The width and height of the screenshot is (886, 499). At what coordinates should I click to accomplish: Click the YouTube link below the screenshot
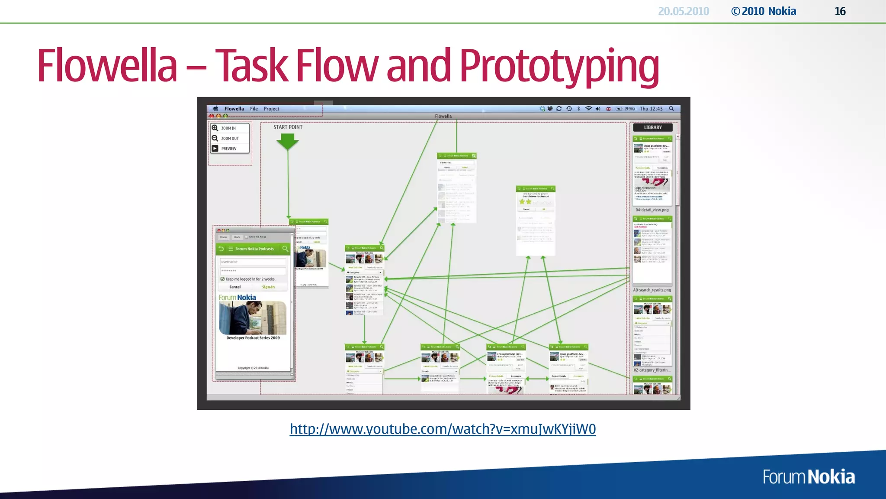[x=443, y=429]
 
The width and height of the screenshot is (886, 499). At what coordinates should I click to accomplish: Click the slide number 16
[x=840, y=11]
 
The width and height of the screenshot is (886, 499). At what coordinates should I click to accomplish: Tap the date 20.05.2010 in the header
[x=683, y=11]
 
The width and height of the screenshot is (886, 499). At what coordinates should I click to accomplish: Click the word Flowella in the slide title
[x=107, y=66]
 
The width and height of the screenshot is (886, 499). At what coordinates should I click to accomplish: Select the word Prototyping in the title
[x=559, y=66]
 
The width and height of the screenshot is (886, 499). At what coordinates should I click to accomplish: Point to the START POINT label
[x=288, y=127]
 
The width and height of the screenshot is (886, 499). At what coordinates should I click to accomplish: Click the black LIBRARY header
[x=652, y=127]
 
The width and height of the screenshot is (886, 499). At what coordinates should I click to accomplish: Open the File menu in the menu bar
[x=254, y=109]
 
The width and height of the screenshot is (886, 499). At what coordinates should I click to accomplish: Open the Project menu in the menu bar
[x=271, y=109]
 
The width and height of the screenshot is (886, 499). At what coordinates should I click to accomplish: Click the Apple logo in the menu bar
[x=215, y=109]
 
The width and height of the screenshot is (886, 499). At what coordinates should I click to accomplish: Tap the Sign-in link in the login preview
[x=268, y=287]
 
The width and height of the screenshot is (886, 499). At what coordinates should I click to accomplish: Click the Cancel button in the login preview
[x=235, y=287]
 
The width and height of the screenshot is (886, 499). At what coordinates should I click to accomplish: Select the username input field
[x=253, y=262]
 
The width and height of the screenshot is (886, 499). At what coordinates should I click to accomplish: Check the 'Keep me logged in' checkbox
[x=222, y=279]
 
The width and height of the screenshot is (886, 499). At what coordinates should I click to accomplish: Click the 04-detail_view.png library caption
[x=652, y=210]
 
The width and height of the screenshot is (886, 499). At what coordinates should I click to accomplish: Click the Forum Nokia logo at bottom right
[x=809, y=477]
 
